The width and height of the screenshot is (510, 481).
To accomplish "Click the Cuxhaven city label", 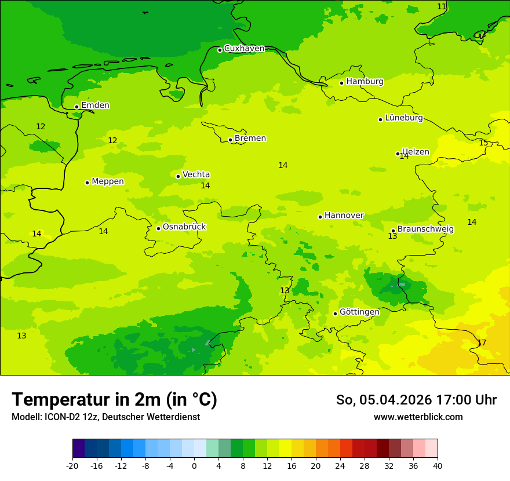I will click(244, 49).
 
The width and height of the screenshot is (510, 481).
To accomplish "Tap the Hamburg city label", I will click(365, 82).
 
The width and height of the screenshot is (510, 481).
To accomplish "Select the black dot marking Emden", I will click(76, 107).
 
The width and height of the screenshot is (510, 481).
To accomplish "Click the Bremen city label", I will click(250, 139).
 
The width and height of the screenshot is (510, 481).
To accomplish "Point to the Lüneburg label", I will click(403, 118).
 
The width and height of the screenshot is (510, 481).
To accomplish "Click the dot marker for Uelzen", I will click(398, 154).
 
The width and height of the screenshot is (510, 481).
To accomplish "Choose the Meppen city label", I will click(107, 181).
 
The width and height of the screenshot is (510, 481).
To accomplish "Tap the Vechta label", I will click(196, 174).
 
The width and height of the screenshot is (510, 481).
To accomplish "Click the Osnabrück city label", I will click(184, 227).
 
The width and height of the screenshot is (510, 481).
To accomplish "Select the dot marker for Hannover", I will click(320, 217).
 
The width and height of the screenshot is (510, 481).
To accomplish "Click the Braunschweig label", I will click(425, 229).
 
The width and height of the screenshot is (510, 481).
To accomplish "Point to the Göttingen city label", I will click(359, 312).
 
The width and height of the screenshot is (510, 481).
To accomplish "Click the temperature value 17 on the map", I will click(482, 343).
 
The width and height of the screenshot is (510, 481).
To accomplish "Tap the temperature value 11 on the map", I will click(442, 6).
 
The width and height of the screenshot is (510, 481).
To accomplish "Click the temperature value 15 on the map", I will click(483, 143).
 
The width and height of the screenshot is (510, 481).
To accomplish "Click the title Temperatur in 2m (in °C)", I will click(114, 400).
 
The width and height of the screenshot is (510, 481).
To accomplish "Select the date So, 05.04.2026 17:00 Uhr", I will click(416, 400).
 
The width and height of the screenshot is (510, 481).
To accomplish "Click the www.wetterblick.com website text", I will click(418, 417).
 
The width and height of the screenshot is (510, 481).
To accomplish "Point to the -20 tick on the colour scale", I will click(72, 465).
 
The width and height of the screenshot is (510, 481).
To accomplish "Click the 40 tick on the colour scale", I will click(438, 465).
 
